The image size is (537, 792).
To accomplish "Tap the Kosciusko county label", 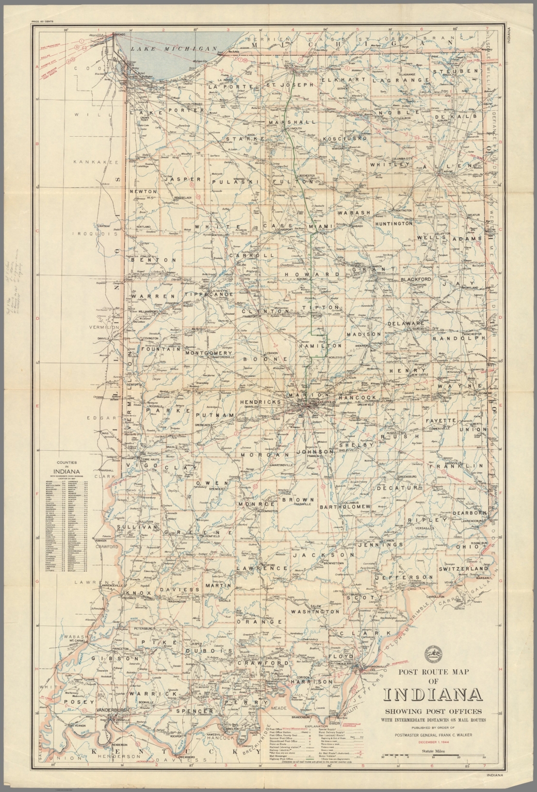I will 345,139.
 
